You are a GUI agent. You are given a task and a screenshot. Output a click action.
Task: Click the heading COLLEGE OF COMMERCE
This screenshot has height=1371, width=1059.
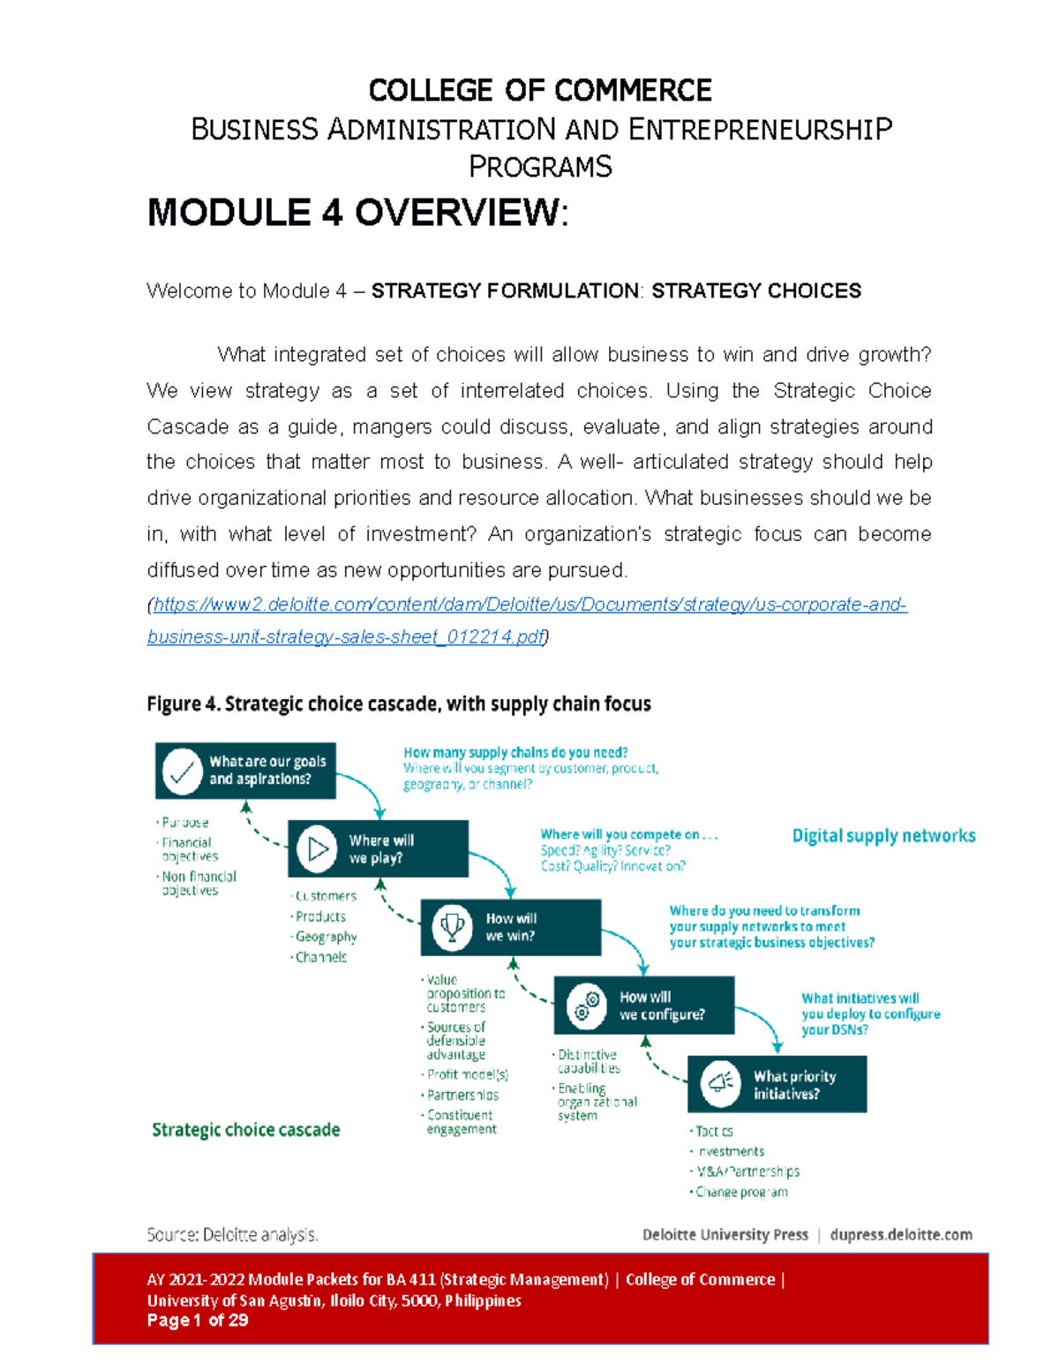pos(539,90)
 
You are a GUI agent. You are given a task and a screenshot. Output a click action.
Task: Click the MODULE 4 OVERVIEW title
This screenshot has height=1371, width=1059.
pos(357,213)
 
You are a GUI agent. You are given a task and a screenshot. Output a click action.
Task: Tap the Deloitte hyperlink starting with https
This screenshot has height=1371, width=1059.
pos(529,605)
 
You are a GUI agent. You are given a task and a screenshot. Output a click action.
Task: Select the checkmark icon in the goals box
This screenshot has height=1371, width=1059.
pos(182,771)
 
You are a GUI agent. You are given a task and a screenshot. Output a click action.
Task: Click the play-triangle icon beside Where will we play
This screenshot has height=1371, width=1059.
pos(317,848)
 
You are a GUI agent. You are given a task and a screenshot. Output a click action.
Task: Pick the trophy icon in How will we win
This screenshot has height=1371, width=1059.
pos(452,927)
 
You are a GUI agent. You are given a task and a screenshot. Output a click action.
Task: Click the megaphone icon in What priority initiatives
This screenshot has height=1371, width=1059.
pos(720,1083)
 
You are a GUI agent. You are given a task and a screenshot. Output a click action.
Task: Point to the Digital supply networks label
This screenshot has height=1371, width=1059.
pos(883,835)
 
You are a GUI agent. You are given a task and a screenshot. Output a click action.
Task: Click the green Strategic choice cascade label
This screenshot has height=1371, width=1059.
pos(245,1130)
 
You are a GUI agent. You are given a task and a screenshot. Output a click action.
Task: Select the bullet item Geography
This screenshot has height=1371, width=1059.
pos(326,937)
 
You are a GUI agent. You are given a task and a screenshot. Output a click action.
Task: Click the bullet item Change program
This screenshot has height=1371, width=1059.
pos(741,1192)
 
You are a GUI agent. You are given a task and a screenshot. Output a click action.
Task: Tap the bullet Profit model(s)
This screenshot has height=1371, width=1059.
pos(468,1074)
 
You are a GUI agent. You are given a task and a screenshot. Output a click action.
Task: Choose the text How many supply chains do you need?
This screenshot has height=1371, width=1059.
pos(515,752)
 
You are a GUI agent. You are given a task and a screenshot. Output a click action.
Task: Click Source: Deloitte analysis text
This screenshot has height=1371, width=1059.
pos(232,1234)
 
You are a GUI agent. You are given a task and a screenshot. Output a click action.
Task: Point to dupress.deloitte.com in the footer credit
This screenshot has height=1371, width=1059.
pos(901,1234)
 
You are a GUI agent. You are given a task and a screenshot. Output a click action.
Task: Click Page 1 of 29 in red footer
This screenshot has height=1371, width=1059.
pos(198,1321)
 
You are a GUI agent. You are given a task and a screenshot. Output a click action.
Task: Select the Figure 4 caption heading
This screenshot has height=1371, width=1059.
pos(398,704)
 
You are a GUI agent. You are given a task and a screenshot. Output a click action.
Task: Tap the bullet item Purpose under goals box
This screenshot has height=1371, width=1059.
pos(184,822)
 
